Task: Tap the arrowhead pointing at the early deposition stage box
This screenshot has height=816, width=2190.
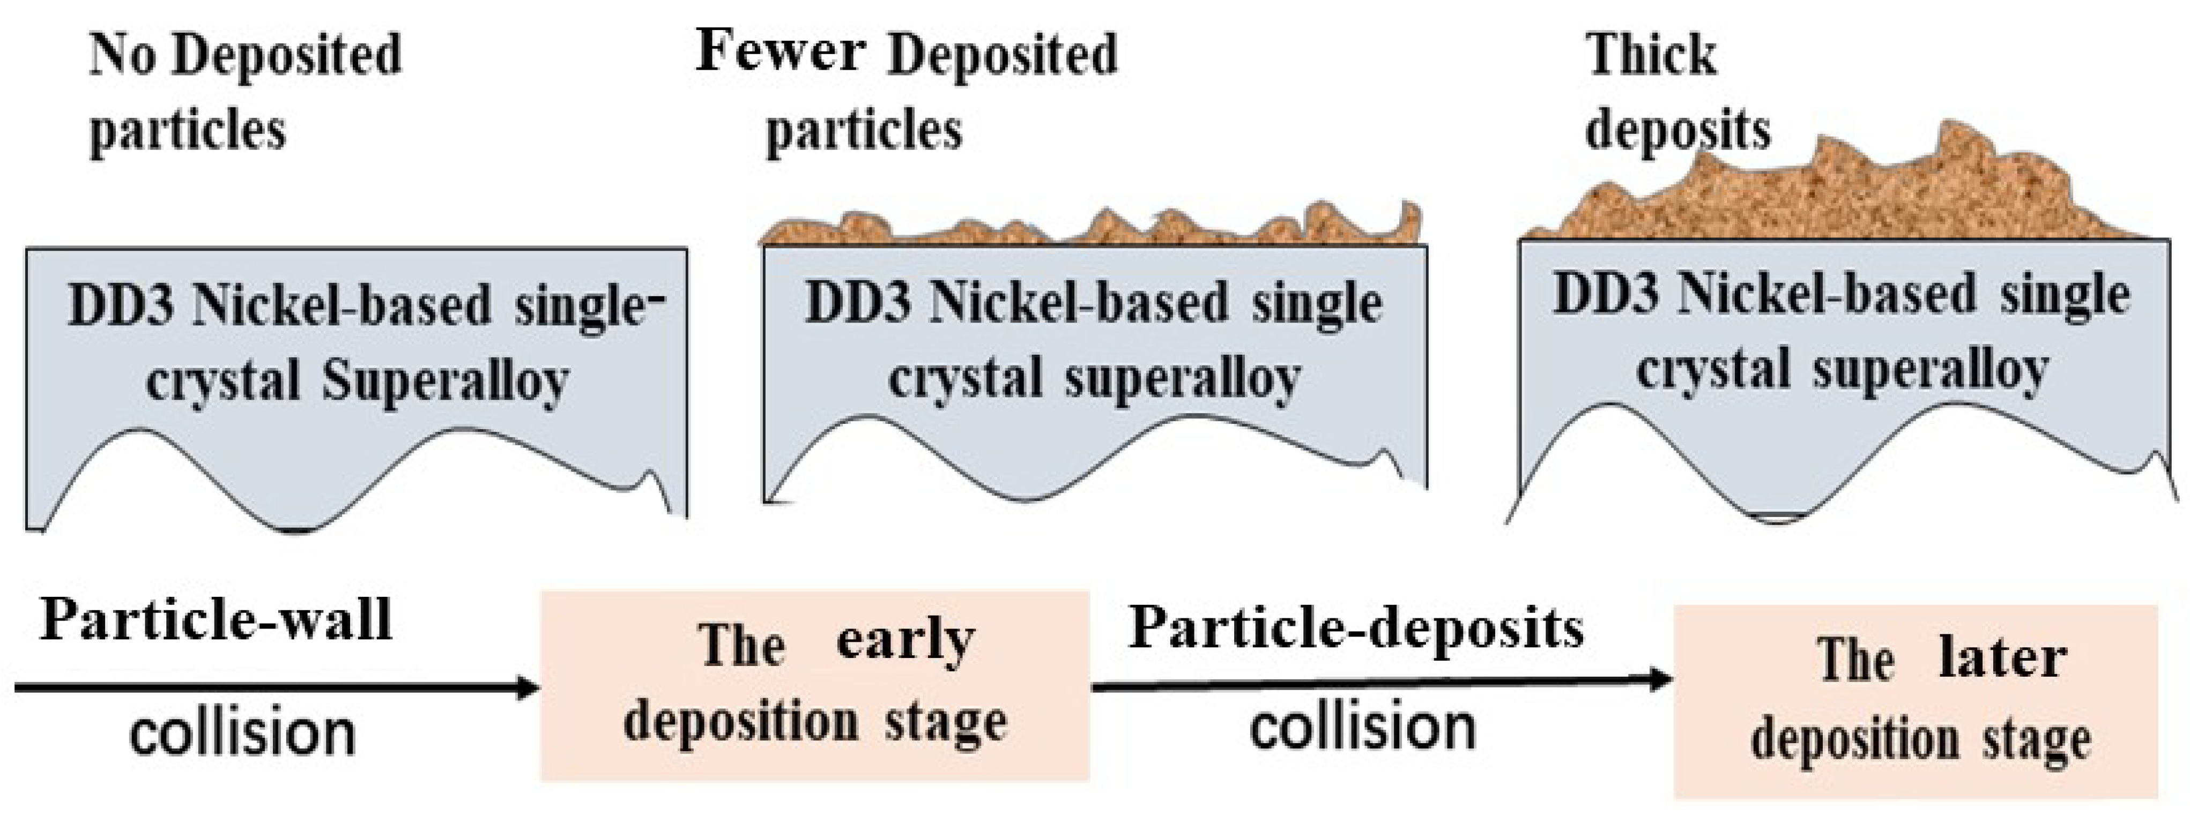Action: (525, 687)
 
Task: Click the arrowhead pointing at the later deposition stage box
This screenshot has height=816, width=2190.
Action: (1658, 679)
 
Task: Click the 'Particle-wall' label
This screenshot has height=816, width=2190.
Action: (216, 620)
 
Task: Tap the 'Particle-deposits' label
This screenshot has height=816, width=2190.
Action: (1356, 629)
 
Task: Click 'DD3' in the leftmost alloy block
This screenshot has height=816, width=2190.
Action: (122, 306)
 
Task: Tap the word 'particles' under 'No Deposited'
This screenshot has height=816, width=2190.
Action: (187, 132)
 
